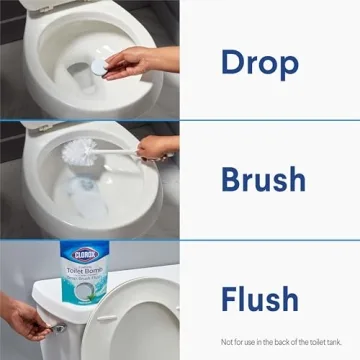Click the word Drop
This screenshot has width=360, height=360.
(259, 62)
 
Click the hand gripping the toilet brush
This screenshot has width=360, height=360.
(155, 149)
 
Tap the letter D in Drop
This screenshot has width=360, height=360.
(232, 62)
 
